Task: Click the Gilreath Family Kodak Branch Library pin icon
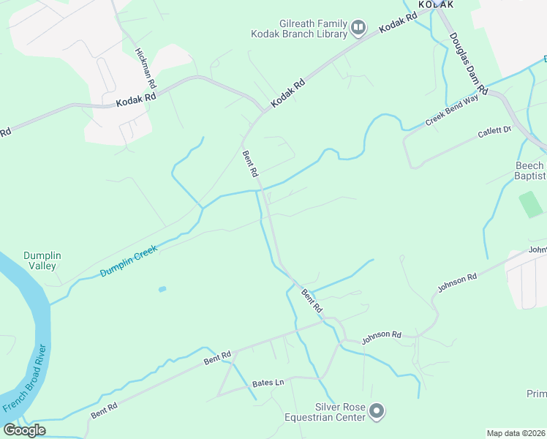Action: point(358,29)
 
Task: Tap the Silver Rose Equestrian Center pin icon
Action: point(377,412)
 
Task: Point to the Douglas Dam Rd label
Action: point(465,58)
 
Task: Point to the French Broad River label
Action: point(26,378)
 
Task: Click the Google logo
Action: point(24,430)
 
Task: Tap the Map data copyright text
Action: point(516,433)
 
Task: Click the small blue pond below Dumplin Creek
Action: point(162,289)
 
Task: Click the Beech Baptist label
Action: point(529,170)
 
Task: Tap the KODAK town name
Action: point(436,4)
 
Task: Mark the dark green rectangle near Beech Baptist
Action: point(528,204)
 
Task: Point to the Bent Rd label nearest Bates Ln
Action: point(217,357)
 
